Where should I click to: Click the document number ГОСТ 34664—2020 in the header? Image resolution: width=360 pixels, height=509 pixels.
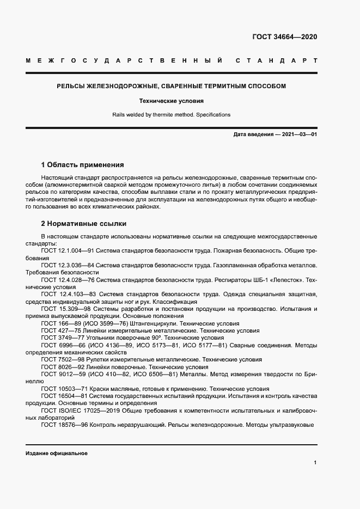[284, 37]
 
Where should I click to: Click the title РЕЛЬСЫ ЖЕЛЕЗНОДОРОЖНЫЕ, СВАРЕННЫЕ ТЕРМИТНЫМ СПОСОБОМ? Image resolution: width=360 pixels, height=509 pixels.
[171, 87]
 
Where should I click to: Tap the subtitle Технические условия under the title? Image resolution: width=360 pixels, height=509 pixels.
[171, 101]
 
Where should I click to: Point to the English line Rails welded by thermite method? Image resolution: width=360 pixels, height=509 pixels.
[171, 115]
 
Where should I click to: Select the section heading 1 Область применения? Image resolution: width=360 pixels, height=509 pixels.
[83, 165]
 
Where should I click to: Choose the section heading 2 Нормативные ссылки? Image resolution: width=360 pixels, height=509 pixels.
[83, 223]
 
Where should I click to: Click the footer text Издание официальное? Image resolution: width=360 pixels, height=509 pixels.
[57, 453]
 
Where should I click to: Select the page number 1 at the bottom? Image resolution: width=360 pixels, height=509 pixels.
[315, 462]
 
